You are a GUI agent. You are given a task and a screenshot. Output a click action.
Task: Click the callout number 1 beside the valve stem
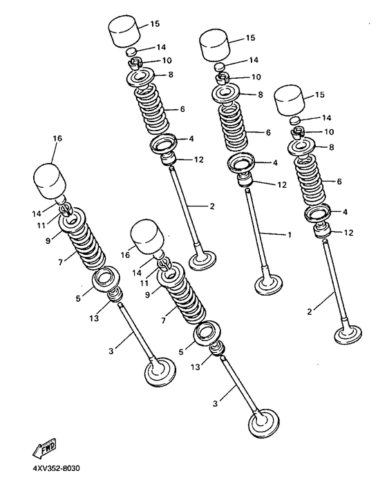289,235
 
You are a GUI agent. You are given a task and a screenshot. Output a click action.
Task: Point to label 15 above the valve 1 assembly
249,37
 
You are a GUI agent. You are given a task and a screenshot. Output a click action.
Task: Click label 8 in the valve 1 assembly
261,94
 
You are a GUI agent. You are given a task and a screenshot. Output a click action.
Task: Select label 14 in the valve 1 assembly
254,60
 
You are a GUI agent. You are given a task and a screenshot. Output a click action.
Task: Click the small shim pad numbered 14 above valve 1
220,66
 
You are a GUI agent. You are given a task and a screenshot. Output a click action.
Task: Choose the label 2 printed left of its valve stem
310,311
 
